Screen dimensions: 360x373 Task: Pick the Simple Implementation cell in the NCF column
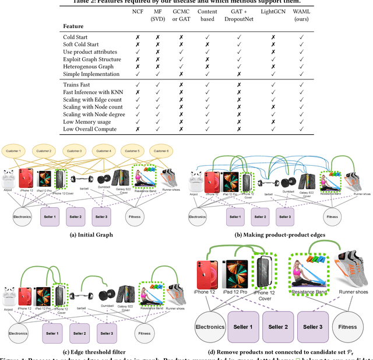pyautogui.click(x=138, y=74)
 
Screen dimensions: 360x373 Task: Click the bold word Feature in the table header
pyautogui.click(x=74, y=26)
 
